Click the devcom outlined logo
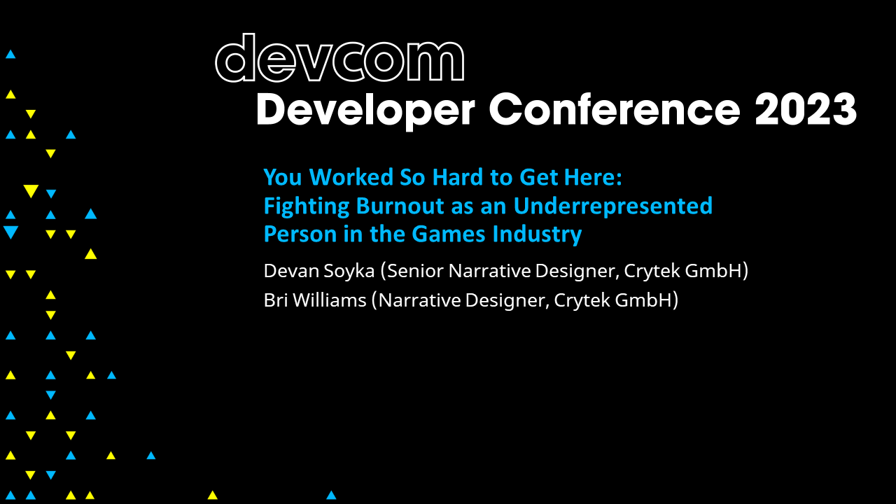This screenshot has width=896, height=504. coord(339,58)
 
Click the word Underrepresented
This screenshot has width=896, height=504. coord(613,206)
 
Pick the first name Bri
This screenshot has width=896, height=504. coord(275,300)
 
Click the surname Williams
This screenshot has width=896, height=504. coord(329,300)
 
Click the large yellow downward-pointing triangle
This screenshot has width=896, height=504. coord(30,191)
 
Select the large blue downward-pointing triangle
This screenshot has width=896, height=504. coord(10,232)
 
